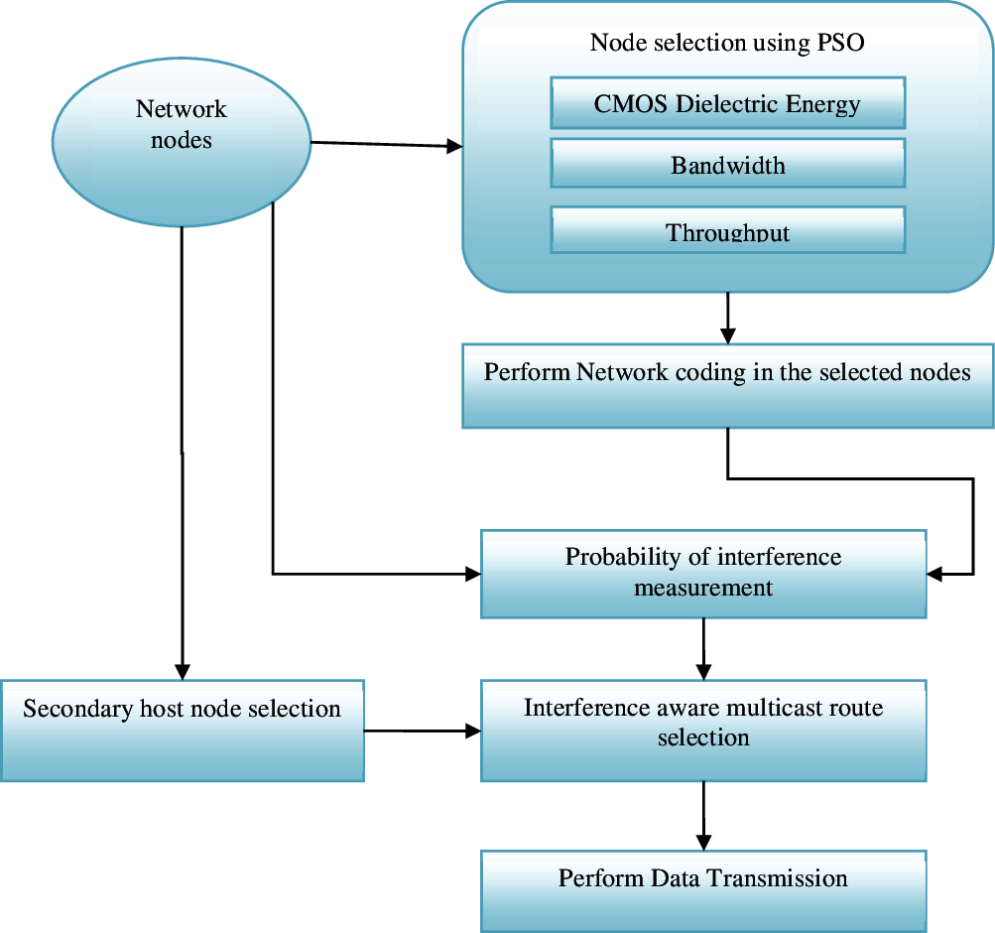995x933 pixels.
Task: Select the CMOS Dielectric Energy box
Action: [727, 105]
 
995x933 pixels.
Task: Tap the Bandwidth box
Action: [727, 165]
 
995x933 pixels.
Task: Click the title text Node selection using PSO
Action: [727, 43]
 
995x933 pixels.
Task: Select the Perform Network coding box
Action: [727, 386]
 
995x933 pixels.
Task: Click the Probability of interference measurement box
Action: [703, 573]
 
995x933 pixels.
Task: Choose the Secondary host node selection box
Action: [182, 730]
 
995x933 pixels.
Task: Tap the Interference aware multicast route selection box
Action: [703, 730]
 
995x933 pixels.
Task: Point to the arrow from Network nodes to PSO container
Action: [387, 145]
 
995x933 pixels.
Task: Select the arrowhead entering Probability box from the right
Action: [935, 573]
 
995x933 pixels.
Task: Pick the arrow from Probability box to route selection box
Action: [703, 649]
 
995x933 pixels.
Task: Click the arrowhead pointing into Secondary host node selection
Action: [182, 671]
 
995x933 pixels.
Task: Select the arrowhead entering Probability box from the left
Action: [471, 573]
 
